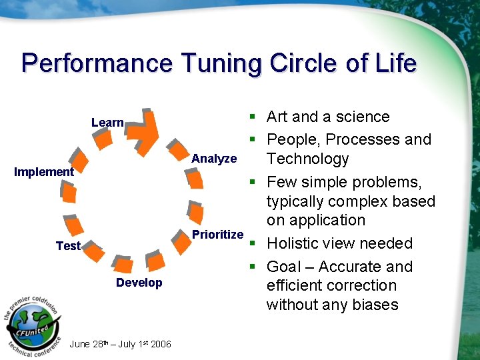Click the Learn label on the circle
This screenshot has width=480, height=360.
(x=107, y=123)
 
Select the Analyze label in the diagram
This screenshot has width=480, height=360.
(x=214, y=159)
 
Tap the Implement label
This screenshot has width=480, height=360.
(x=44, y=172)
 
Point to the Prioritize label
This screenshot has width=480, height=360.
(x=217, y=235)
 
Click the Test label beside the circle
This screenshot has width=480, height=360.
(x=68, y=246)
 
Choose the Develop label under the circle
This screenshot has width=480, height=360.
(x=139, y=283)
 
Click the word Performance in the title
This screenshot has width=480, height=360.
(x=96, y=63)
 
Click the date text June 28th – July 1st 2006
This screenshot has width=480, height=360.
(x=120, y=344)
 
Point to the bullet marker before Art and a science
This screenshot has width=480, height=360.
(x=254, y=117)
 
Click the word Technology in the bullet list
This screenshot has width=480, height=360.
(x=307, y=159)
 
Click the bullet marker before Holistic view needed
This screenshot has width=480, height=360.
(x=254, y=243)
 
